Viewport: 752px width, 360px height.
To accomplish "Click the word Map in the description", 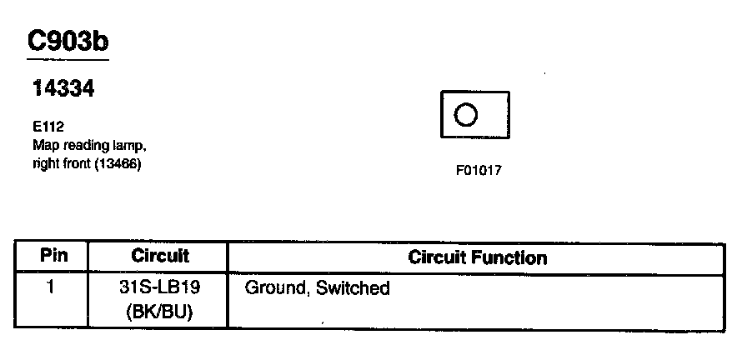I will (x=43, y=144).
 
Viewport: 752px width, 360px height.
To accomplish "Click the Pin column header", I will (x=53, y=256).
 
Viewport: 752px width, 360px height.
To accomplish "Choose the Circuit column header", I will (x=160, y=256).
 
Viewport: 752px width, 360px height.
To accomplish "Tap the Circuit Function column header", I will (x=478, y=257).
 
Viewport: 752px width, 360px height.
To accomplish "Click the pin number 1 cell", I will (x=51, y=287).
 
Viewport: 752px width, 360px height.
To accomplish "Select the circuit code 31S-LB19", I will (x=159, y=288).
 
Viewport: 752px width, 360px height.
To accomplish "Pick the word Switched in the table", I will (x=353, y=288).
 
